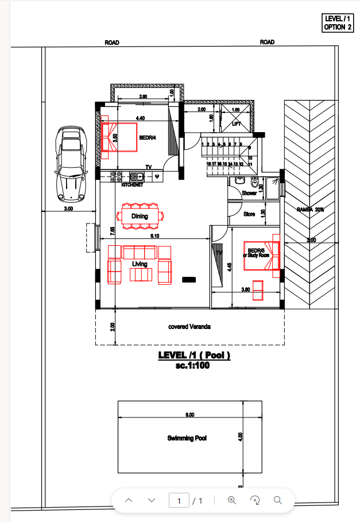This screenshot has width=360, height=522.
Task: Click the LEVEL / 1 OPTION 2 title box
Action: click(338, 23)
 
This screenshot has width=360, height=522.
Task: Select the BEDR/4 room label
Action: click(148, 138)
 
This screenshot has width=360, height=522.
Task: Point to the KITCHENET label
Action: click(132, 185)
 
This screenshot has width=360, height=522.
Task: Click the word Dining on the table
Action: click(140, 216)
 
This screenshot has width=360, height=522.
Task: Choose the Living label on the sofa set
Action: click(140, 264)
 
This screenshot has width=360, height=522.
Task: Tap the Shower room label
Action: click(249, 194)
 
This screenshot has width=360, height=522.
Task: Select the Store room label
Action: click(249, 214)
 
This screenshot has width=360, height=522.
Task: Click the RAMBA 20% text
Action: click(311, 210)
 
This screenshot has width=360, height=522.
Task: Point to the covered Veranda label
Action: click(189, 327)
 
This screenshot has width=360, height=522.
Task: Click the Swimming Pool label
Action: click(187, 438)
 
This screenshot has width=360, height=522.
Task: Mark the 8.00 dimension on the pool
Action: click(190, 415)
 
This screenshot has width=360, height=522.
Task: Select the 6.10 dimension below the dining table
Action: click(154, 235)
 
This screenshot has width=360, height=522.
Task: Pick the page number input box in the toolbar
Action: click(179, 501)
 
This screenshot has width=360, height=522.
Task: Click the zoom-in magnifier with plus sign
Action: click(232, 501)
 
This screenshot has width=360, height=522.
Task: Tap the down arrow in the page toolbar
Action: click(152, 501)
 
